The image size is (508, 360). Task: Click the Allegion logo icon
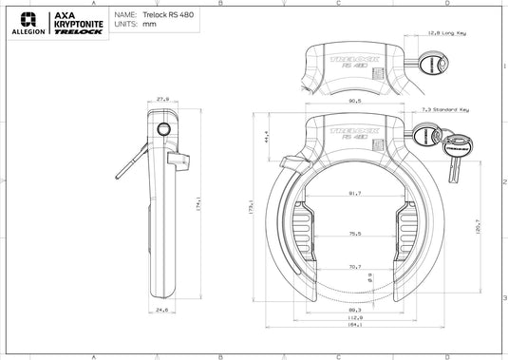click(x=28, y=18)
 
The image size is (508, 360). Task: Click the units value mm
click(x=148, y=26)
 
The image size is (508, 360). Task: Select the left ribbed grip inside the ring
click(x=301, y=235)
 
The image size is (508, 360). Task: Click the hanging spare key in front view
click(x=454, y=167)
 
